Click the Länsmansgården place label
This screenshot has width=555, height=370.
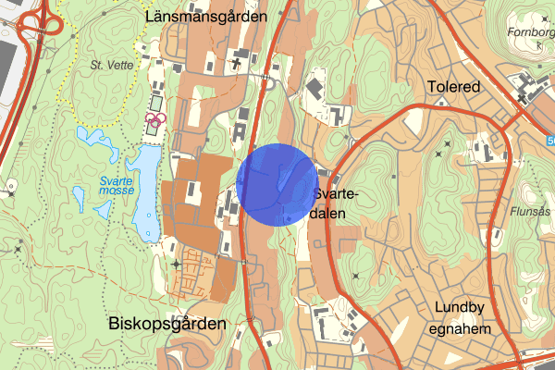[205, 16]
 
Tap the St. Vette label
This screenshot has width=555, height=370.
[110, 66]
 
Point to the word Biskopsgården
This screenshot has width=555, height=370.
[166, 325]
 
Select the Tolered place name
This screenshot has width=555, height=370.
[454, 87]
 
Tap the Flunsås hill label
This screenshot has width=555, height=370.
[532, 211]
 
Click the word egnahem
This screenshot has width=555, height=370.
[461, 328]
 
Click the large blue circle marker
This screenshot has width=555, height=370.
[276, 184]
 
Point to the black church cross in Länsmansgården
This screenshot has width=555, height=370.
[237, 63]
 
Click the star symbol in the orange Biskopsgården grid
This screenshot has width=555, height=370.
[176, 264]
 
